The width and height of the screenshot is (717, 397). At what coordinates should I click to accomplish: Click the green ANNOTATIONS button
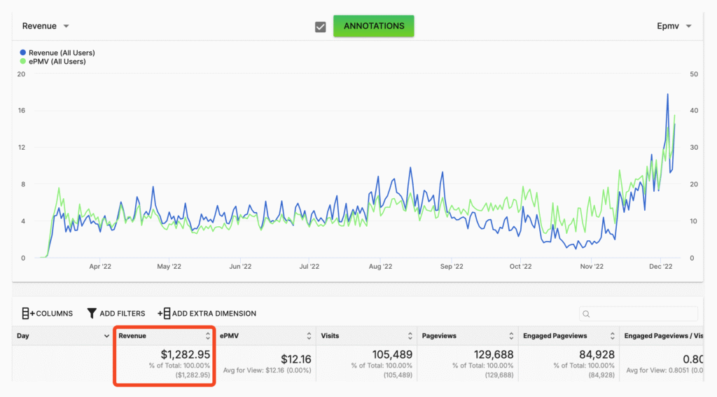(374, 26)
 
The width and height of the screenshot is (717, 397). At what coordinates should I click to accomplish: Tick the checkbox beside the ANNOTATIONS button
(321, 27)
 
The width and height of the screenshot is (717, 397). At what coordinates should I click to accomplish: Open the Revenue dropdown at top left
(46, 26)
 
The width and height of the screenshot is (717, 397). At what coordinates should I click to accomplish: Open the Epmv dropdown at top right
(674, 26)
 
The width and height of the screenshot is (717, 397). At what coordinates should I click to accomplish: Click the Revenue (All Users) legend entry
(57, 53)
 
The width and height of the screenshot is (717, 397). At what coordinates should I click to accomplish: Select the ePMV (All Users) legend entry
(53, 62)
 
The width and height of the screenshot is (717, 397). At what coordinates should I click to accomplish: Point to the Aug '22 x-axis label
(380, 266)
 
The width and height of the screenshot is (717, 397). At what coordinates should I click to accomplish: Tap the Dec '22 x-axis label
(660, 266)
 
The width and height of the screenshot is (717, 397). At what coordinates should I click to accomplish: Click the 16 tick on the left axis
(21, 111)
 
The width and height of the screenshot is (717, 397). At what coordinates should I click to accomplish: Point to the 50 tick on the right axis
(694, 74)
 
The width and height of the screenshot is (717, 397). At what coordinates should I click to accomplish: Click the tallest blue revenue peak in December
(667, 95)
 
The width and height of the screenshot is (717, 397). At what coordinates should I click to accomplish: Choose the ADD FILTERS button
(116, 313)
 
